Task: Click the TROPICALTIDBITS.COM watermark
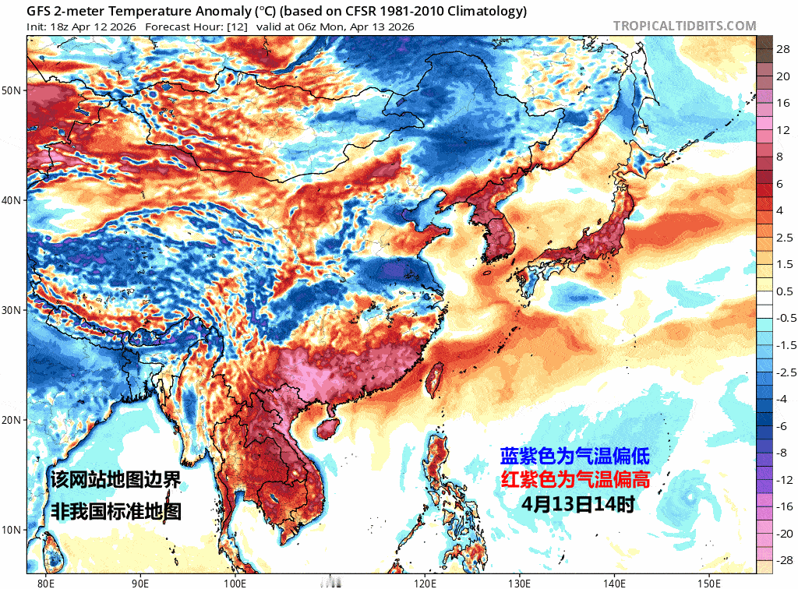click(x=684, y=26)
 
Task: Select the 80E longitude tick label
click(x=46, y=581)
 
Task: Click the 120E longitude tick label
click(x=425, y=581)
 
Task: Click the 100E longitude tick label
click(x=235, y=581)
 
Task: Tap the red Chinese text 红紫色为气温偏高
click(x=574, y=479)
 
